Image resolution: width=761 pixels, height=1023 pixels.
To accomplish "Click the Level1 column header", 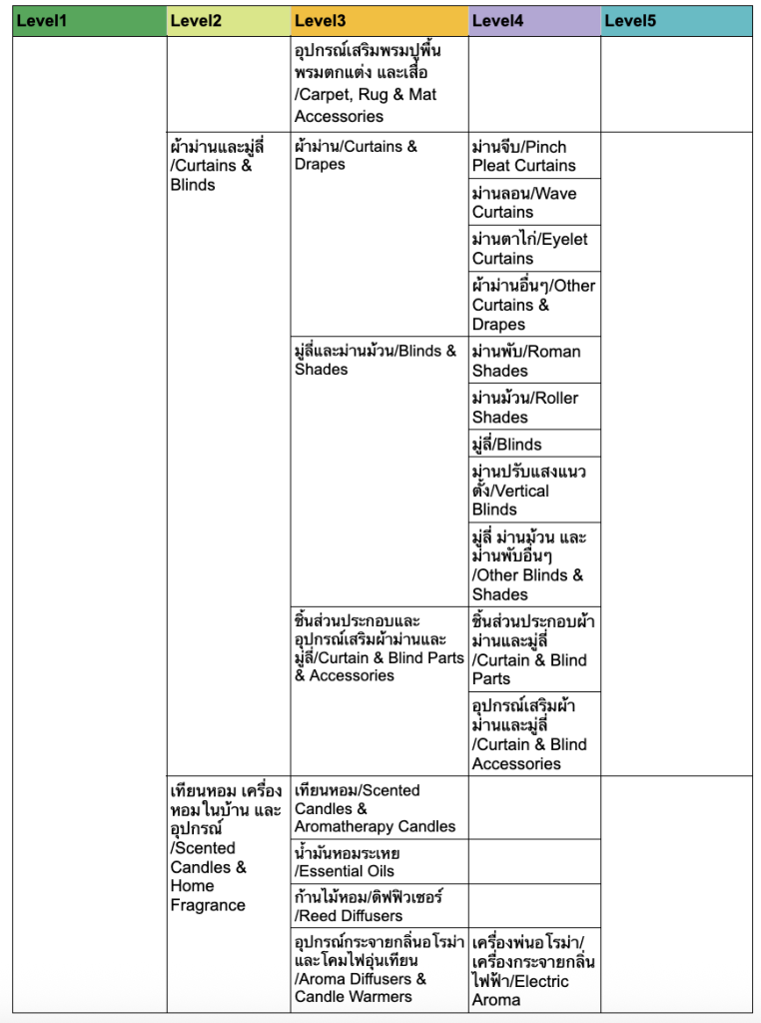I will (89, 20).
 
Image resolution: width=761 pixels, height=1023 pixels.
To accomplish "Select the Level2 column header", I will (229, 20).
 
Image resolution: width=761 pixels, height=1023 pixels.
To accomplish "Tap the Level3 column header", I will (380, 20).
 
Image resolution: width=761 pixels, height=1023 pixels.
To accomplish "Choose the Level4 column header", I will (534, 20).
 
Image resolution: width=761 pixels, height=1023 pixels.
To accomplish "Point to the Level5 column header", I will (676, 20).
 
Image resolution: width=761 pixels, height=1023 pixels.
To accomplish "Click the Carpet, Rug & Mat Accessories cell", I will (380, 83).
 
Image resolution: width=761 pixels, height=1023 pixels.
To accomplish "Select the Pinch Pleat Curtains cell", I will (534, 156).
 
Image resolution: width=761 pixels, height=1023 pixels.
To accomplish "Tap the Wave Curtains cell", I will (534, 203).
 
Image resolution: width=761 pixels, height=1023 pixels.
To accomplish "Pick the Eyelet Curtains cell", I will (534, 249).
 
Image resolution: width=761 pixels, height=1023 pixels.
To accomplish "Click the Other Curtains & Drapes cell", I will (534, 305).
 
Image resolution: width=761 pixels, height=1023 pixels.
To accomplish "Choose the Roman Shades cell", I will (534, 361).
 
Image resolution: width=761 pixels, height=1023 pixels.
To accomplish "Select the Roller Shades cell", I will (534, 407).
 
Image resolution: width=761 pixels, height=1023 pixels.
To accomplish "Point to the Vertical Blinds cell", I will (534, 490).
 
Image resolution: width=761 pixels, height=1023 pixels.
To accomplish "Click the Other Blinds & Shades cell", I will (534, 565).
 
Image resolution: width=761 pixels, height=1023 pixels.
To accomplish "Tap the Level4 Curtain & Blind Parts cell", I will (534, 649).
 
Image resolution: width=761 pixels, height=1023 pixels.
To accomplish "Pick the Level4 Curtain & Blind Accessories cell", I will (534, 734).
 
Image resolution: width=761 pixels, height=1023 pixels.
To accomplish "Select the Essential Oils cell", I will (380, 861).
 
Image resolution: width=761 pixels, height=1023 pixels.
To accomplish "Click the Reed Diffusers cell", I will (380, 906).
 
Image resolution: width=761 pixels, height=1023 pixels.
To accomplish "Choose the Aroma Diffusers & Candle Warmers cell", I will (380, 968).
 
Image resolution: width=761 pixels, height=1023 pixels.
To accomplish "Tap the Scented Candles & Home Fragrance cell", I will (229, 847).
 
